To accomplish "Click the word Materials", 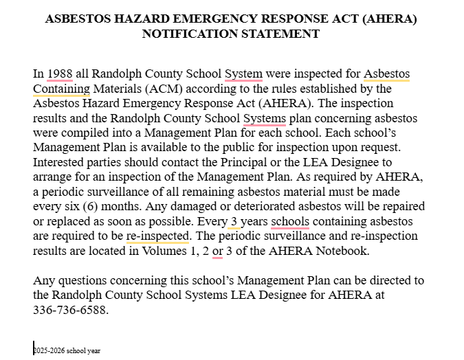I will (117, 89).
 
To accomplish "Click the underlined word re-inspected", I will (157, 236).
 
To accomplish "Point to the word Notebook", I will (338, 251).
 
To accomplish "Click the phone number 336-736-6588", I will (70, 310).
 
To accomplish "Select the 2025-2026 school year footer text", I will (67, 350).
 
